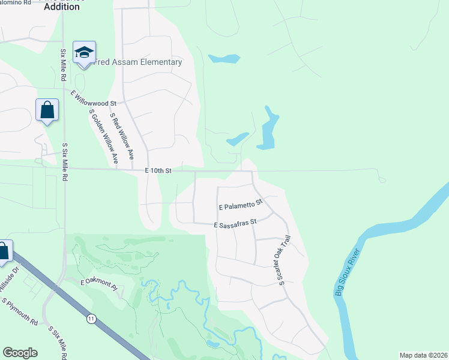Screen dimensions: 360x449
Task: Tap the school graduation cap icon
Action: (84, 53)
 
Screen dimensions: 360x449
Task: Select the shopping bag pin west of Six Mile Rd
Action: (47, 110)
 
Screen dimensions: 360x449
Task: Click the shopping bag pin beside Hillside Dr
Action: (3, 251)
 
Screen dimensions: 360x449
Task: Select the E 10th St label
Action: (158, 171)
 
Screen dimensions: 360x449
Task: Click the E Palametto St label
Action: (241, 205)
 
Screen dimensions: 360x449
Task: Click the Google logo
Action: (20, 353)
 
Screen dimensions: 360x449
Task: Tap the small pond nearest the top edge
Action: (223, 59)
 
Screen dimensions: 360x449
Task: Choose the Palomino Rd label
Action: (15, 2)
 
